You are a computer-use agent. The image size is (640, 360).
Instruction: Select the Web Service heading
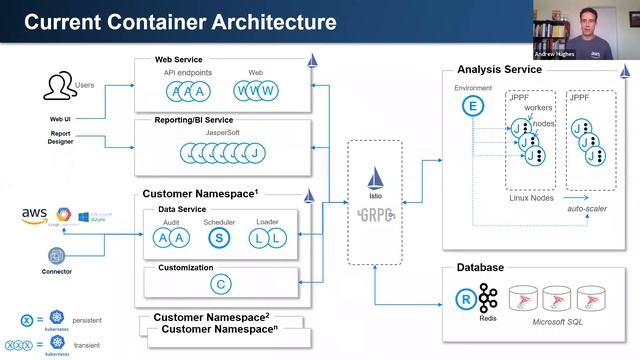pyautogui.click(x=178, y=61)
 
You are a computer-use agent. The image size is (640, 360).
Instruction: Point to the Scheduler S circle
pyautogui.click(x=219, y=237)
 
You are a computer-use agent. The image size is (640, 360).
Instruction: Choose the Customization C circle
pyautogui.click(x=220, y=284)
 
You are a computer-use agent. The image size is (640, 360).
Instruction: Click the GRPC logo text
pyautogui.click(x=374, y=213)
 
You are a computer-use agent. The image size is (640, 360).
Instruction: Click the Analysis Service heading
pyautogui.click(x=499, y=69)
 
